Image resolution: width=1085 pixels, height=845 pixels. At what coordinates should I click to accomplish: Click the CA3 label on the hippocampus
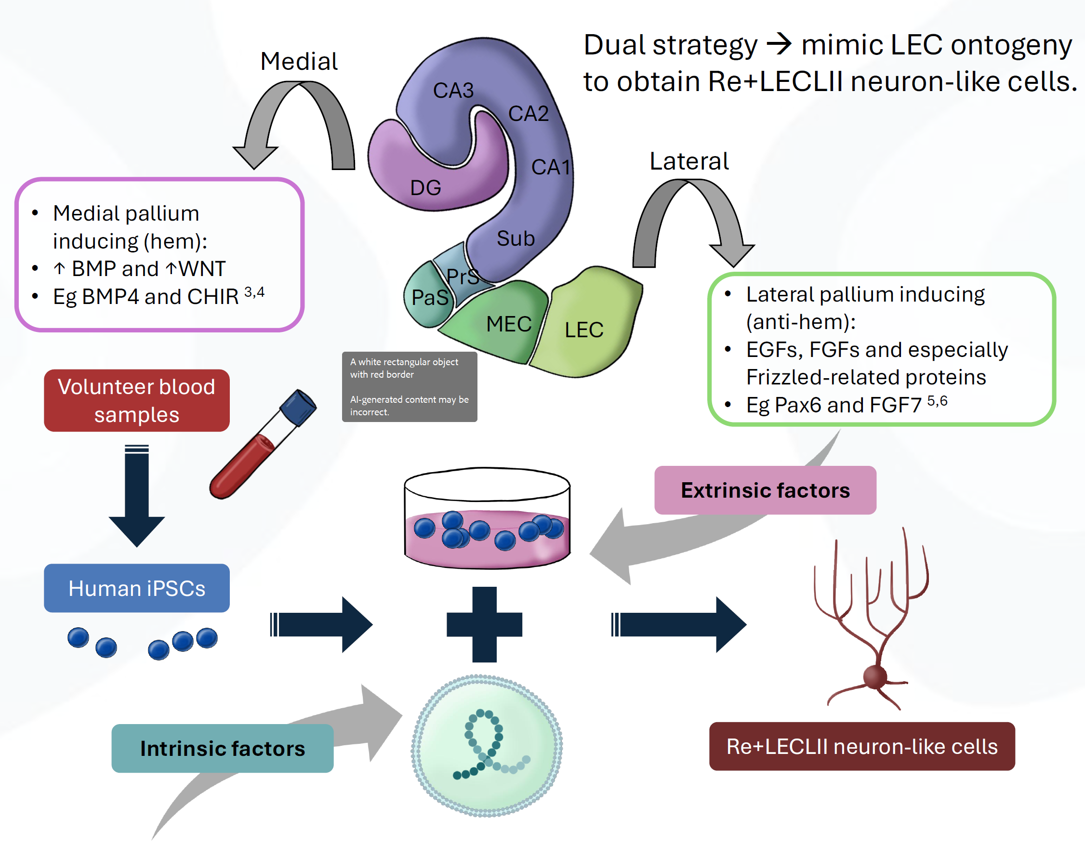click(453, 91)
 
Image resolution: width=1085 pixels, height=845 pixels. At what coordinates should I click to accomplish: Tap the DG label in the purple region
click(426, 188)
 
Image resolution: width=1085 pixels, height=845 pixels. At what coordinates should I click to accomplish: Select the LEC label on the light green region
click(584, 330)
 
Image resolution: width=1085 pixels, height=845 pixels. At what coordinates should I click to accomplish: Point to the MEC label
click(509, 324)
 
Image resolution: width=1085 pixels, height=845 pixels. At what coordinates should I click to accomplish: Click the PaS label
click(430, 298)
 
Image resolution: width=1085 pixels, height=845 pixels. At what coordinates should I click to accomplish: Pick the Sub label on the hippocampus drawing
click(516, 238)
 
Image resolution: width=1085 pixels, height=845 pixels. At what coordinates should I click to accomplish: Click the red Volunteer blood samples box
click(137, 400)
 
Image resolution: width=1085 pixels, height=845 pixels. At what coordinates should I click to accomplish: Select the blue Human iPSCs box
click(137, 588)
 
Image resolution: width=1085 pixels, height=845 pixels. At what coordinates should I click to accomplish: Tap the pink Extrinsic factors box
click(765, 490)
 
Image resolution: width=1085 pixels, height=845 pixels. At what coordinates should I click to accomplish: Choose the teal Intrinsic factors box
click(222, 748)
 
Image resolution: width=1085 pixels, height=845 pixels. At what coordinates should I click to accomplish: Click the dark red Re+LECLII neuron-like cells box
click(862, 746)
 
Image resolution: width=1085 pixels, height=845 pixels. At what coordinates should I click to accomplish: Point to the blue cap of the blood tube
click(298, 408)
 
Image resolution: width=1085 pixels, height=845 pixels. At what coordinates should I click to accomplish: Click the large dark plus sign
click(484, 624)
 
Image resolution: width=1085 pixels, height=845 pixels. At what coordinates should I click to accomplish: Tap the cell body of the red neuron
click(875, 676)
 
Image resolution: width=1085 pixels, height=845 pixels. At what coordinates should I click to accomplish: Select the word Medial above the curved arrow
click(299, 62)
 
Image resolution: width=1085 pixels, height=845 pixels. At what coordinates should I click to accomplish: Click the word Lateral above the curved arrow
click(689, 161)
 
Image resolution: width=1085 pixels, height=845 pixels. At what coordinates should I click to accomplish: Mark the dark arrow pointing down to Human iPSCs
click(137, 497)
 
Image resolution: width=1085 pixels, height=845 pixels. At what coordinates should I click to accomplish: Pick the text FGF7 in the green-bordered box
click(897, 405)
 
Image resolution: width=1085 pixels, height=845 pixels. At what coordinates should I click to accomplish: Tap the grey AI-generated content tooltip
click(410, 387)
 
